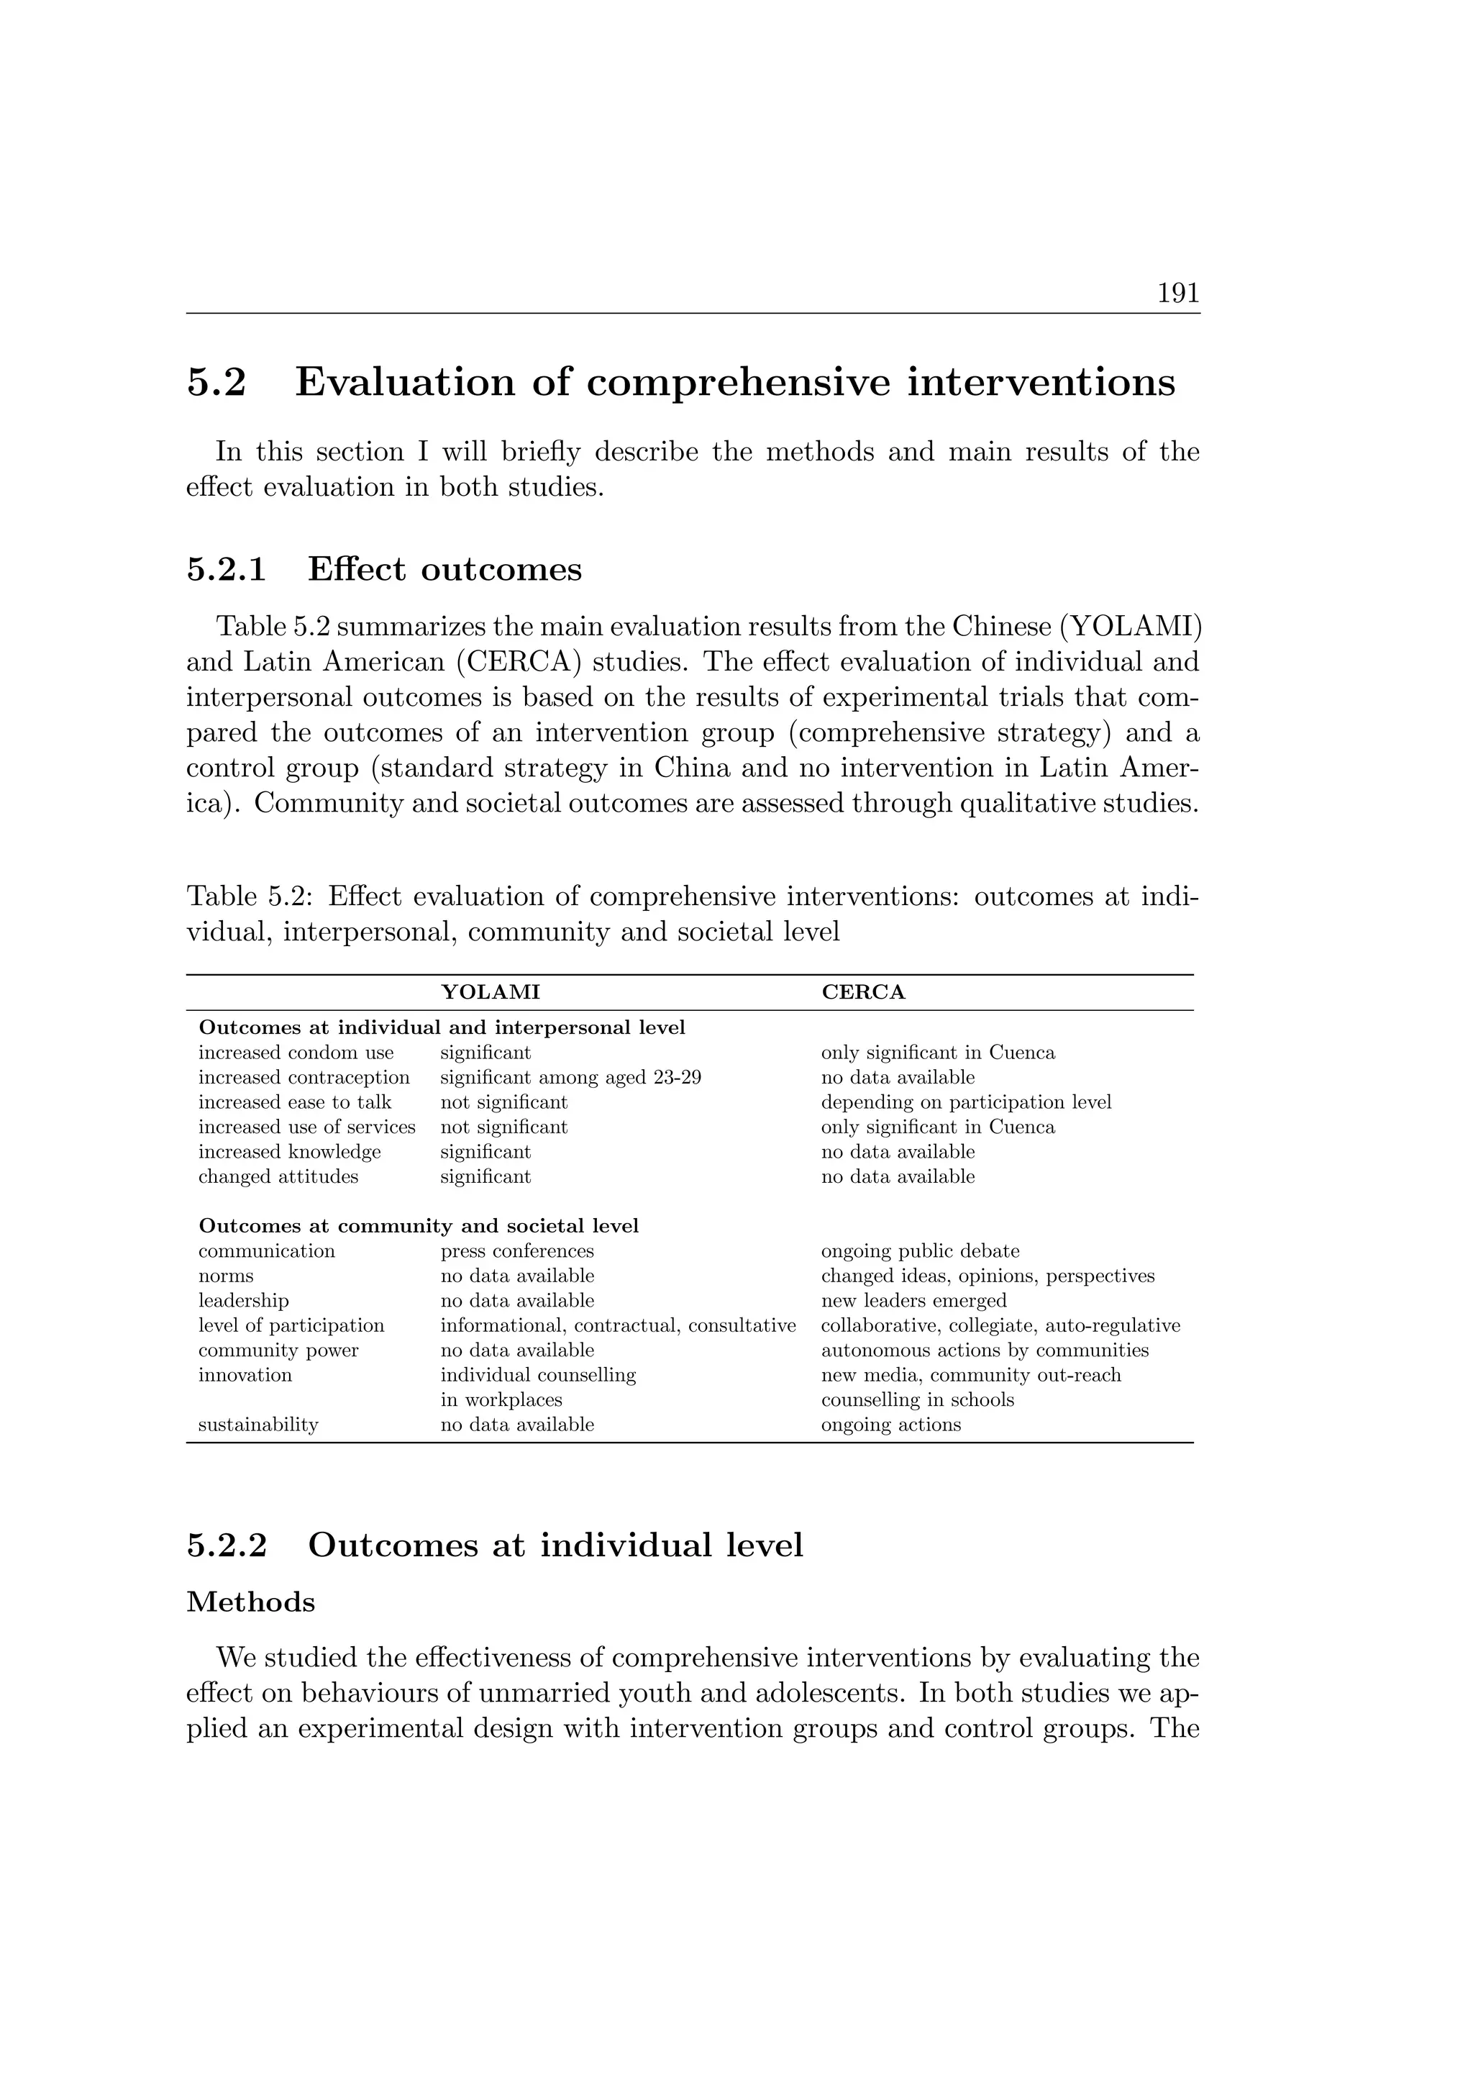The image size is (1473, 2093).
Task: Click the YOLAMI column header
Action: click(x=491, y=993)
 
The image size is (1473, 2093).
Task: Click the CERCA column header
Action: click(x=863, y=993)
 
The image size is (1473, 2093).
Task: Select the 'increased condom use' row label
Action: click(x=296, y=1053)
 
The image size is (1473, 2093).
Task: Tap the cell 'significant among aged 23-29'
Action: click(x=570, y=1078)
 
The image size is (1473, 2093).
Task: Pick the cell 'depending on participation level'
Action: click(x=966, y=1102)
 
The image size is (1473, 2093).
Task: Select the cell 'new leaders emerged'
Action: click(x=913, y=1301)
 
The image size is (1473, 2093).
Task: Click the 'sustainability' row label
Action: click(x=258, y=1425)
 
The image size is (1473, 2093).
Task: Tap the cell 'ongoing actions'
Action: click(x=890, y=1425)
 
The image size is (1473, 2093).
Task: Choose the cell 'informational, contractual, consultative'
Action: click(x=618, y=1325)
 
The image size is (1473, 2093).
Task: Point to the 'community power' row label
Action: click(x=278, y=1350)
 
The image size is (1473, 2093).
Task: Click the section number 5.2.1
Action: click(x=227, y=570)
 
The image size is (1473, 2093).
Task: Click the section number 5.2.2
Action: click(x=227, y=1546)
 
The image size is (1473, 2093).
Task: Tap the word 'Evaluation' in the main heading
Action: click(x=403, y=382)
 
